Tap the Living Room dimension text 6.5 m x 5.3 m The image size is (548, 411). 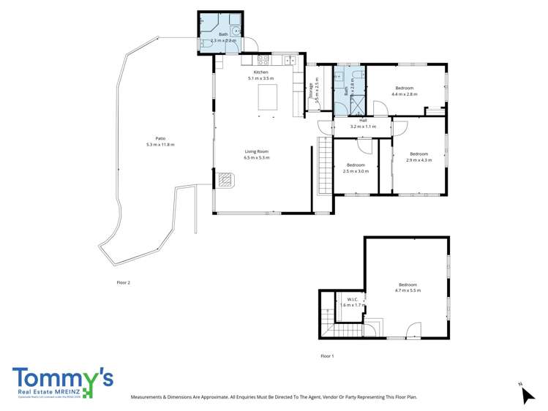point(257,157)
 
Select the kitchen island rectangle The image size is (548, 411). point(267,97)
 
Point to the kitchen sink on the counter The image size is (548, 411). point(291,61)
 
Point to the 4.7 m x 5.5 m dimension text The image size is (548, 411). point(408,291)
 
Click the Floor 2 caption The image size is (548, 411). point(123,282)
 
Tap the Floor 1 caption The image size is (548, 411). point(327,355)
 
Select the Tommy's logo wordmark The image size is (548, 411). point(62,378)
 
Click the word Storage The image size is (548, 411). point(311,90)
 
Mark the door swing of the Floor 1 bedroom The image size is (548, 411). point(413,330)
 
